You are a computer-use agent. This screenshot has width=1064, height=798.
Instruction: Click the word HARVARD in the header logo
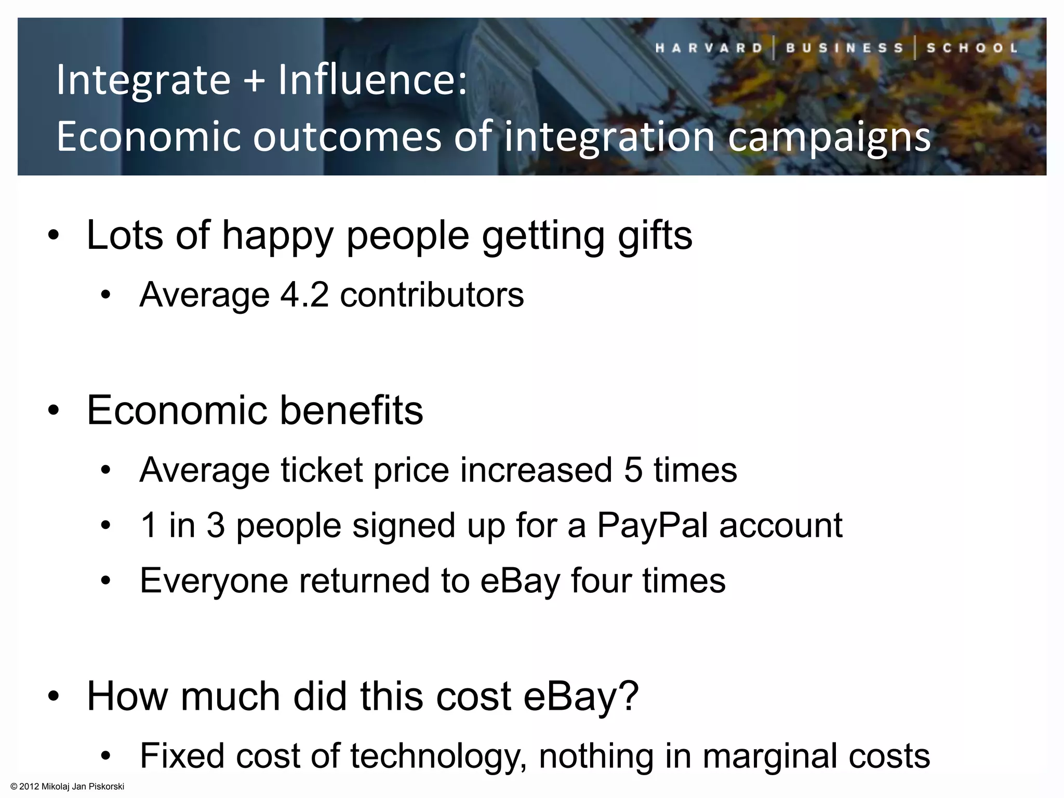click(x=709, y=48)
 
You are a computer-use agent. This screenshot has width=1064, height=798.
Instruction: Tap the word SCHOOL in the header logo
click(x=972, y=48)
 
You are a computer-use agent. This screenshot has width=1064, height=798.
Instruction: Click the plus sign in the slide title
click(x=254, y=81)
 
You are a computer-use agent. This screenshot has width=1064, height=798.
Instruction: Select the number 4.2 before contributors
click(x=304, y=295)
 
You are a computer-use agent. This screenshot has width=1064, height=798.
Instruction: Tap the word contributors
click(x=432, y=295)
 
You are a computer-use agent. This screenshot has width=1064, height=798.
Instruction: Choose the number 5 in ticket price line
click(x=633, y=470)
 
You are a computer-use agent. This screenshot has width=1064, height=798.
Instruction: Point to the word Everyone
click(x=214, y=581)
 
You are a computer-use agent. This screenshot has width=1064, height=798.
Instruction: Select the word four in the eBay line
click(x=600, y=580)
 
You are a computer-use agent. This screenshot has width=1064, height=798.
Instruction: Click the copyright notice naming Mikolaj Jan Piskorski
click(x=68, y=787)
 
